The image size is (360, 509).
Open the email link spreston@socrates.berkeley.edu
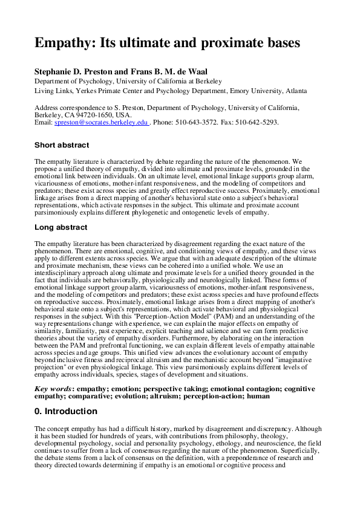(101, 122)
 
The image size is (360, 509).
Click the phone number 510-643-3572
(201, 122)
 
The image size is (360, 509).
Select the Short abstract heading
(62, 145)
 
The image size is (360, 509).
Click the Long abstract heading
(61, 227)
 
